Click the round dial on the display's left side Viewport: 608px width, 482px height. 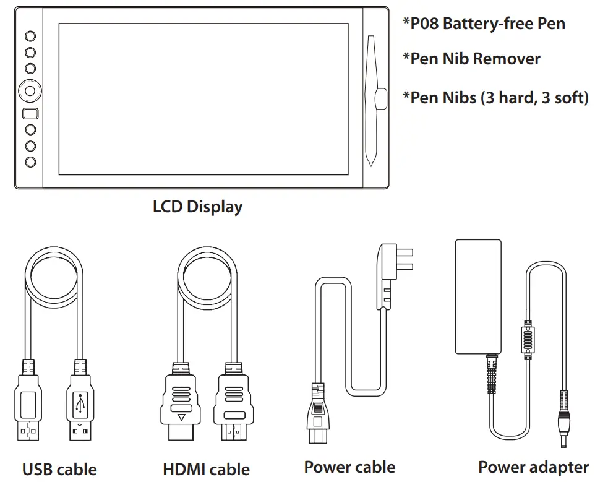click(x=30, y=90)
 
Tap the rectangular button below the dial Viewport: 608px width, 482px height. click(x=30, y=114)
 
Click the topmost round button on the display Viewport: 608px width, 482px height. click(x=30, y=37)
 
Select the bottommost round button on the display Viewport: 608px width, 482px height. click(x=30, y=161)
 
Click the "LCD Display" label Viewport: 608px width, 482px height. click(x=197, y=207)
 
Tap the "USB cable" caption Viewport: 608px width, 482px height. click(x=59, y=470)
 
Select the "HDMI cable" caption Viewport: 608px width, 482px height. click(x=206, y=470)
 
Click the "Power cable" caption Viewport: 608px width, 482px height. click(x=349, y=467)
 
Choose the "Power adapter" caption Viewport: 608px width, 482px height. click(x=533, y=467)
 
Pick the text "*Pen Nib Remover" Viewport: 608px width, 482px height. click(x=471, y=59)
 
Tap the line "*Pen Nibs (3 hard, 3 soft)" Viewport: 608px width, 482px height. click(x=495, y=98)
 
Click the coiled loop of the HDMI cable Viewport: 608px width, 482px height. click(x=207, y=272)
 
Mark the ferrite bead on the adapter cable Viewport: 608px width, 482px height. click(x=528, y=339)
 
